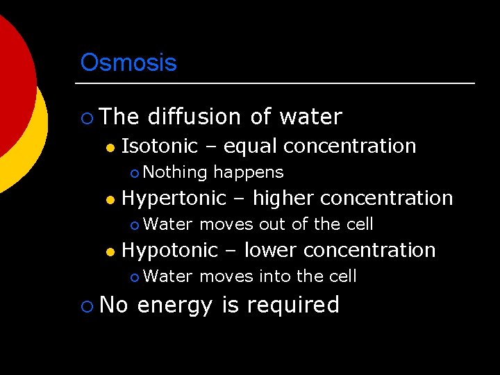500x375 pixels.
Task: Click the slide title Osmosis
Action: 128,62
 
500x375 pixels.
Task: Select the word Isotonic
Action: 160,146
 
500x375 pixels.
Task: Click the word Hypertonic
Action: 174,198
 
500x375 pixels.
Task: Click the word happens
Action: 249,172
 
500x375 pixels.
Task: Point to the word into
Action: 275,276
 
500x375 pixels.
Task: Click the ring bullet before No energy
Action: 86,306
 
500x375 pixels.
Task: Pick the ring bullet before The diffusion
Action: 86,117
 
